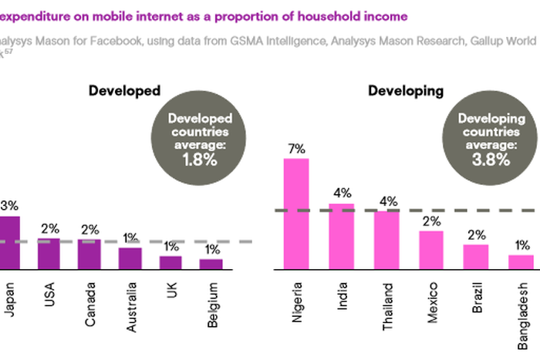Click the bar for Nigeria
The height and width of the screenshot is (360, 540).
pos(296,214)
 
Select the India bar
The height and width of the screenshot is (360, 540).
pos(342,237)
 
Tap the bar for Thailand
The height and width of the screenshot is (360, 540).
pos(386,240)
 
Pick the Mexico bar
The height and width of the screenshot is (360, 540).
pos(432,250)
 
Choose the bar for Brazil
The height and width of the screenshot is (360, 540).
pos(476,257)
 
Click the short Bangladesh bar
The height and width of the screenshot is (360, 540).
pos(521,262)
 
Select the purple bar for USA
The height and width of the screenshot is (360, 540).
pos(49,254)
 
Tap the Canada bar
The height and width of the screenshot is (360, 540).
pos(89,254)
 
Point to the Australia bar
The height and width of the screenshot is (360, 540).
pos(130,258)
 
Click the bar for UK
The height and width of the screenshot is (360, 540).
pos(170,262)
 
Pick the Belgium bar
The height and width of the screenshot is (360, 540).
pos(211,264)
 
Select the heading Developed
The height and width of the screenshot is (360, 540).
pos(124,91)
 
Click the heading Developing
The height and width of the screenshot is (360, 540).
pos(405,91)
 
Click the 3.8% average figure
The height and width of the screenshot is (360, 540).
pos(491,160)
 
